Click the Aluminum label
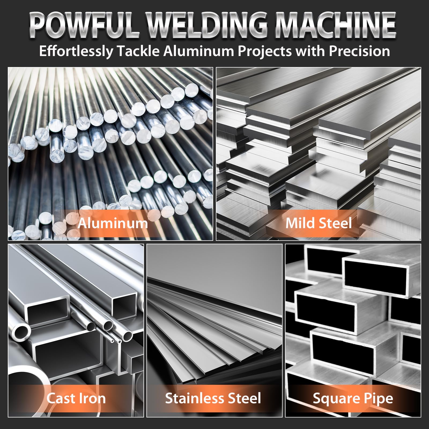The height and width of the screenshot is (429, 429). (x=113, y=223)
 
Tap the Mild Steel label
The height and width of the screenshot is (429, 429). (x=319, y=223)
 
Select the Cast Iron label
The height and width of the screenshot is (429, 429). (x=76, y=398)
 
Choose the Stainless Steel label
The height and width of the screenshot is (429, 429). (x=213, y=398)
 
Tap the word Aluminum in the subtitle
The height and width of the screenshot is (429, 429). (x=199, y=51)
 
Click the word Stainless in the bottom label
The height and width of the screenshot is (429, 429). (x=194, y=398)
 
